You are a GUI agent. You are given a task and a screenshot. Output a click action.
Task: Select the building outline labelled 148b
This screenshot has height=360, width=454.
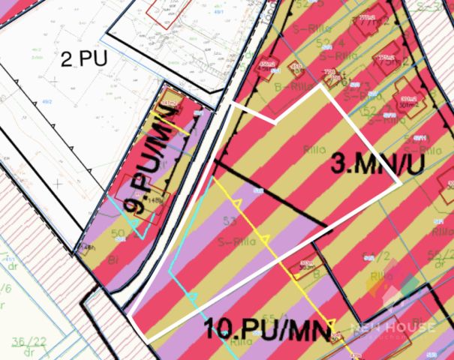(x=87, y=247)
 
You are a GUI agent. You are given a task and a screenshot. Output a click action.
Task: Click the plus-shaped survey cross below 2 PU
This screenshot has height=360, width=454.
(x=58, y=182)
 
